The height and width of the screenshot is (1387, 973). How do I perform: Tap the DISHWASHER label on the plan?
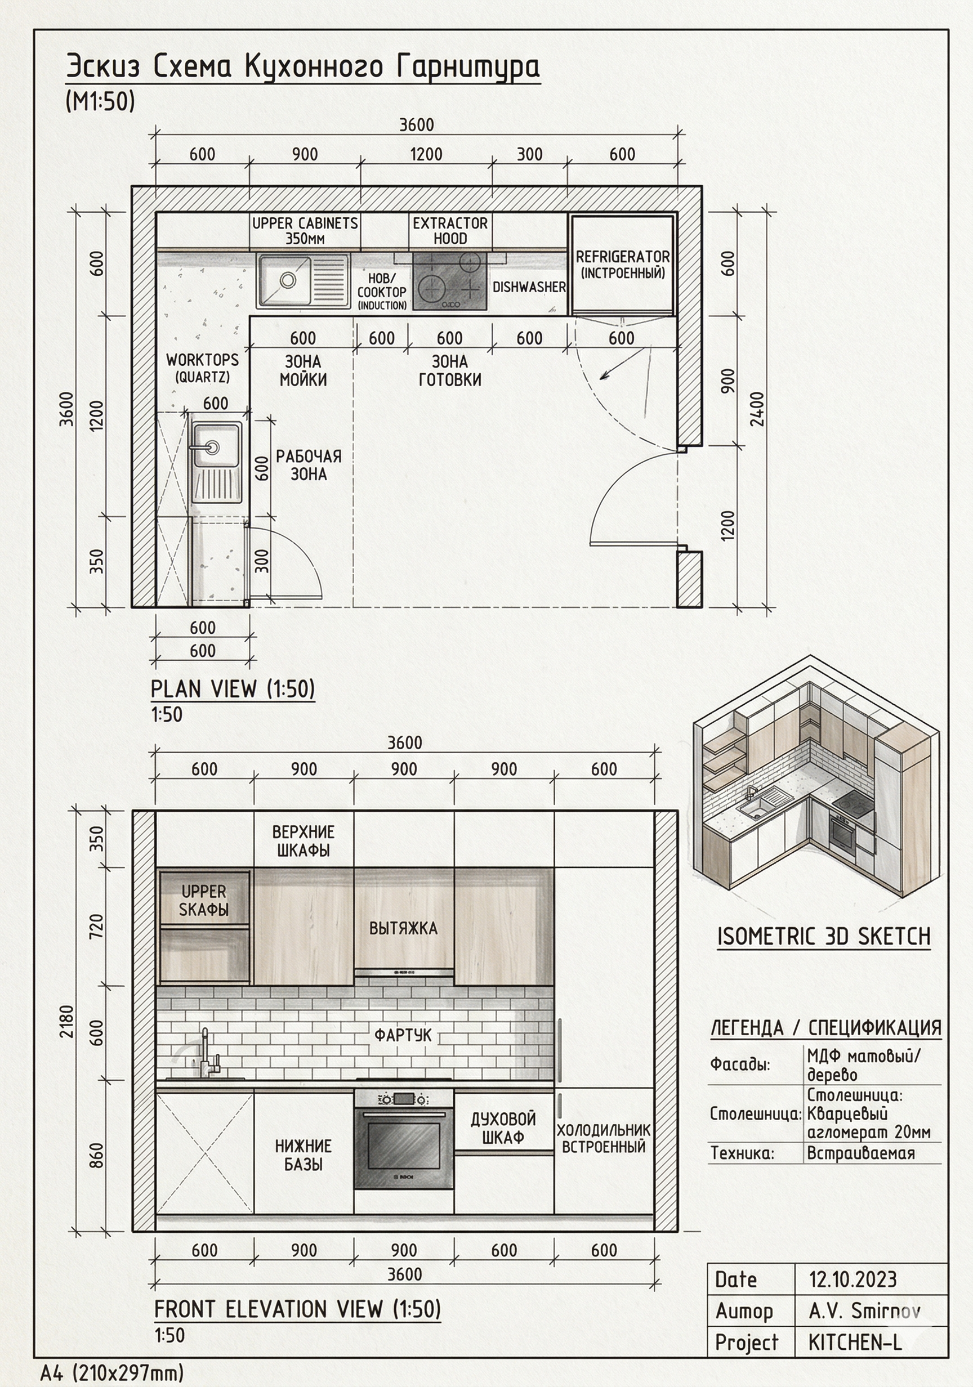click(529, 287)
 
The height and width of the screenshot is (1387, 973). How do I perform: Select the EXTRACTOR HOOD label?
click(450, 231)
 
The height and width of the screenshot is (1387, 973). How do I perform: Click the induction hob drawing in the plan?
click(450, 281)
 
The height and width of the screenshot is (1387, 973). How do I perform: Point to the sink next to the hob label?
click(303, 281)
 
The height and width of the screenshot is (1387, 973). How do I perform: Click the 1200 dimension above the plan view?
click(426, 154)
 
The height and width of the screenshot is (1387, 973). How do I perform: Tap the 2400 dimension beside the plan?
click(758, 409)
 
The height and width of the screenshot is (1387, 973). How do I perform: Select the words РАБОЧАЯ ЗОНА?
click(309, 465)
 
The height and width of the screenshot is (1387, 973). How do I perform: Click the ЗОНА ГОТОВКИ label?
click(450, 370)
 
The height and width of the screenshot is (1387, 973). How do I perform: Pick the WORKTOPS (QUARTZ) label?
click(203, 368)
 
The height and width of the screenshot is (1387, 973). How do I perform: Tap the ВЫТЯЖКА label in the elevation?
click(403, 928)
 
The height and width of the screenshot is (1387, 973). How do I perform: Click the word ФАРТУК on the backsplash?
click(403, 1035)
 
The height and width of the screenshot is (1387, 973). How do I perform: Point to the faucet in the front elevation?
click(206, 1054)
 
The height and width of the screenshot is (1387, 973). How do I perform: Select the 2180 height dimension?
click(66, 1022)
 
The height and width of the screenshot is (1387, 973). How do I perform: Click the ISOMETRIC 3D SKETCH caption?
click(824, 936)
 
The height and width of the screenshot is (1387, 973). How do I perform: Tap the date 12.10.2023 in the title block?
click(853, 1279)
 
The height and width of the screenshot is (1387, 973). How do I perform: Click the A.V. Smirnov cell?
click(865, 1311)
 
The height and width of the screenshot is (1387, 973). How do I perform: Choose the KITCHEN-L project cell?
click(855, 1343)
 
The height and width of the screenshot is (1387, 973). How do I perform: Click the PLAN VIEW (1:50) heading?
click(233, 688)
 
